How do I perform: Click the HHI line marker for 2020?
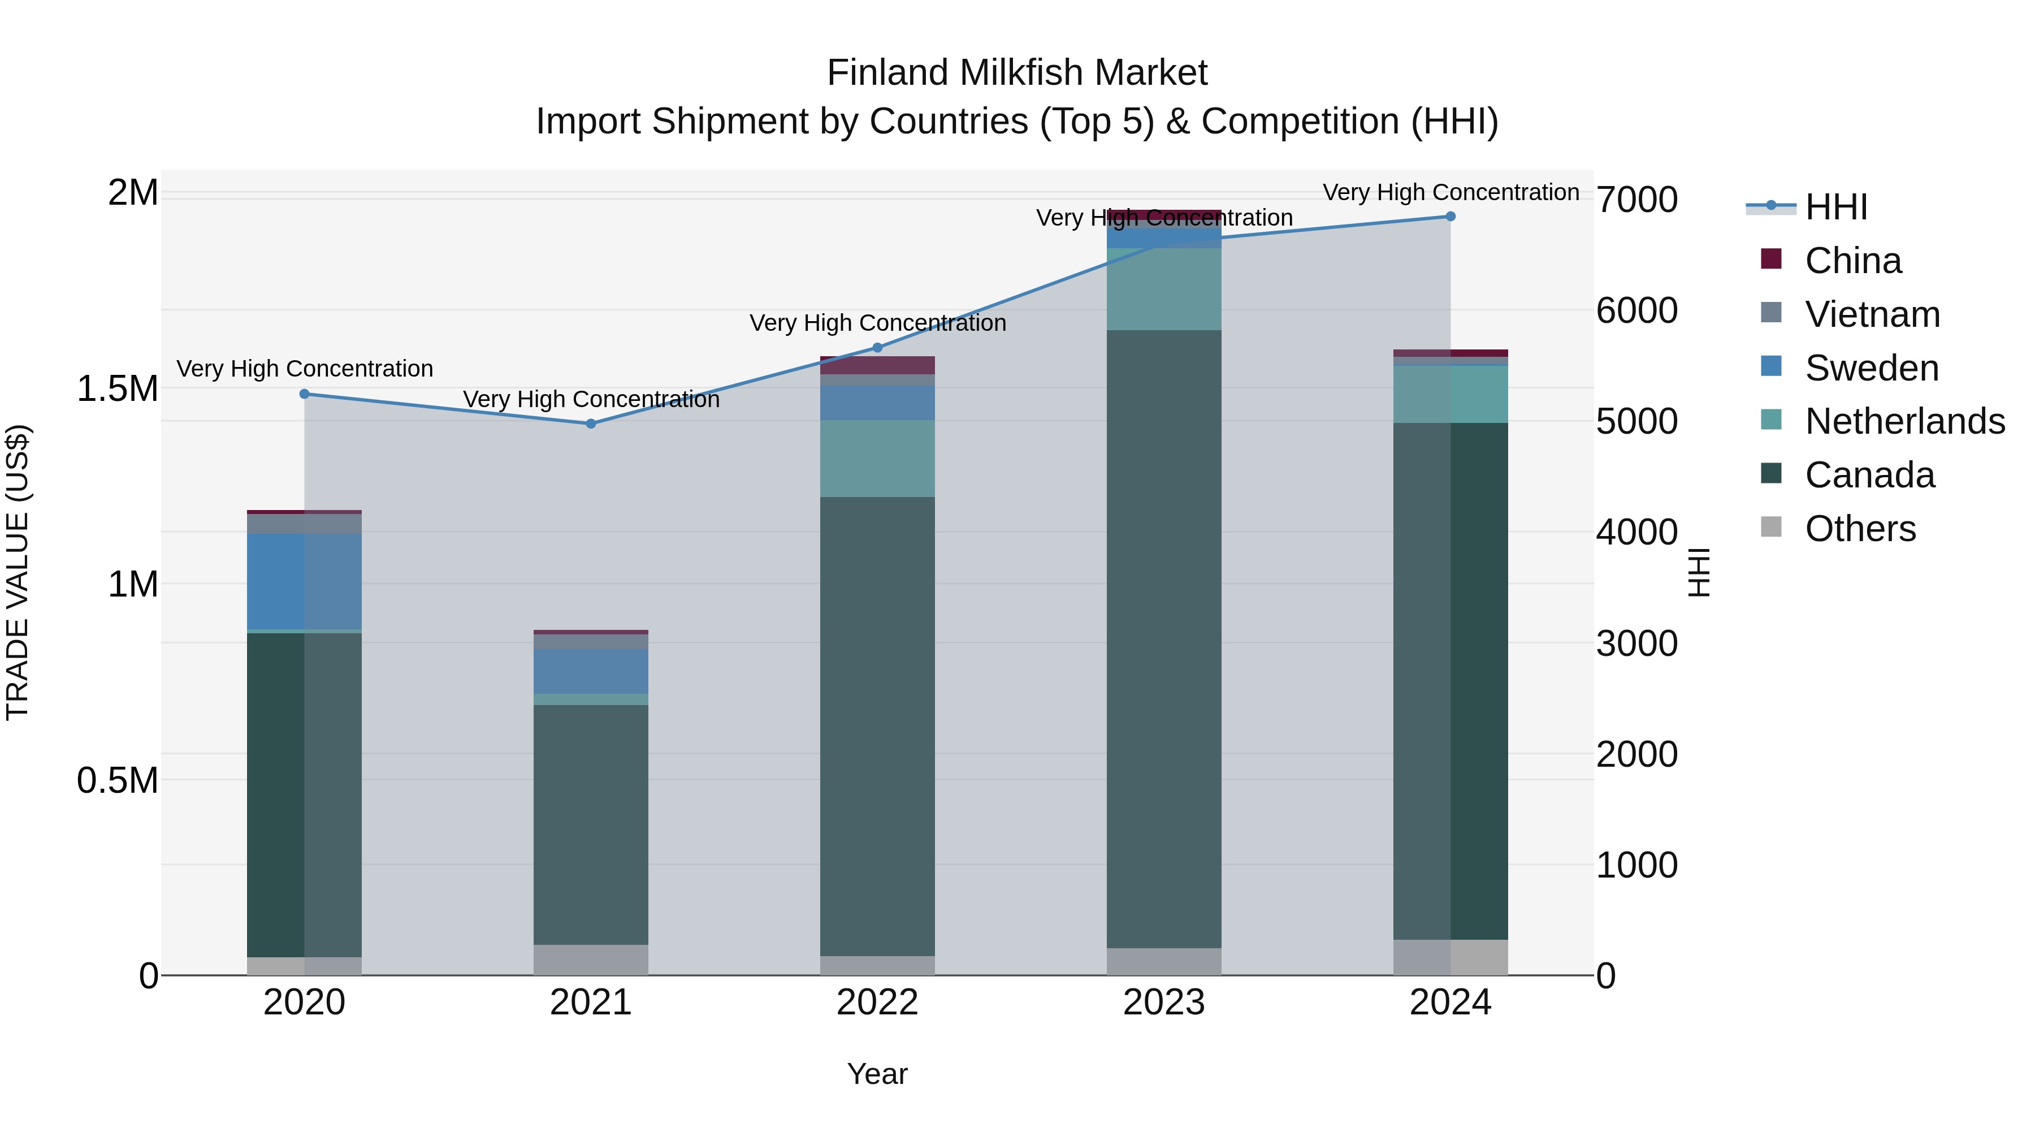[x=304, y=394]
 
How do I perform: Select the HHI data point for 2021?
[x=591, y=424]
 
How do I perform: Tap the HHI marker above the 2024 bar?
[x=1451, y=217]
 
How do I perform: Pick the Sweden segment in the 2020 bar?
[x=304, y=582]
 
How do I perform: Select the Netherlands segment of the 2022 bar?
[x=877, y=459]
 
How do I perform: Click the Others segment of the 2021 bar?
[x=591, y=960]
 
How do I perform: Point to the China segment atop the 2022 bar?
[x=877, y=365]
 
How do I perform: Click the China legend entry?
[x=1852, y=261]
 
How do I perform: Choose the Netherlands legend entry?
[x=1904, y=421]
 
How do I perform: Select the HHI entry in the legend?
[x=1835, y=207]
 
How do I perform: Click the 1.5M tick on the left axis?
[x=118, y=389]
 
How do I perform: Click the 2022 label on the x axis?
[x=877, y=1003]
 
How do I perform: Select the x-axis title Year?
[x=877, y=1074]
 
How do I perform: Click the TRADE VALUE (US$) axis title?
[x=18, y=572]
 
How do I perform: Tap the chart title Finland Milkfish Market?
[x=1017, y=73]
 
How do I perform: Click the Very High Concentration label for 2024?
[x=1451, y=192]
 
